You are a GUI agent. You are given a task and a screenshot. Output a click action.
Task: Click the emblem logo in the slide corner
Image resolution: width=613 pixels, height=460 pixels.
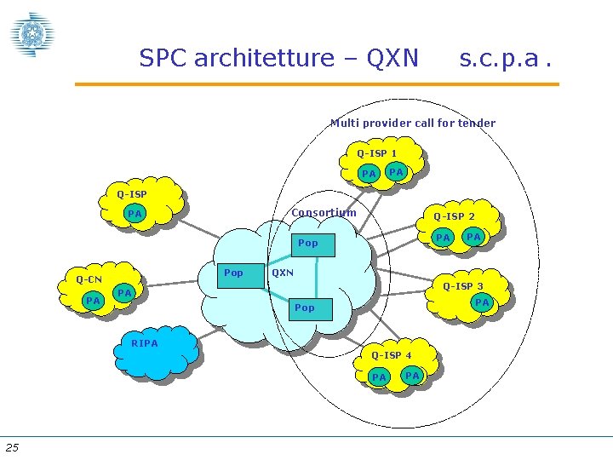click(x=32, y=35)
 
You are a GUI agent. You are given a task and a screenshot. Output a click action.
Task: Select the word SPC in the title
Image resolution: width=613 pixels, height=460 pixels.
click(x=163, y=58)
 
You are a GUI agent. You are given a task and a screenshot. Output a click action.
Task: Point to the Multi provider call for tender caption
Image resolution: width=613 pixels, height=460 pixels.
click(x=413, y=123)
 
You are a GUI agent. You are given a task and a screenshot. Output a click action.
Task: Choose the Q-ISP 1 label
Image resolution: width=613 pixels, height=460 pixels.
click(x=376, y=153)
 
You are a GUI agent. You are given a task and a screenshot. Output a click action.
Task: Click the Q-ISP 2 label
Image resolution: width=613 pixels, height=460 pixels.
click(x=454, y=216)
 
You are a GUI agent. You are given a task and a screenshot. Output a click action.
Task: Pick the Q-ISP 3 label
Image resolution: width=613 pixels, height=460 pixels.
click(x=462, y=286)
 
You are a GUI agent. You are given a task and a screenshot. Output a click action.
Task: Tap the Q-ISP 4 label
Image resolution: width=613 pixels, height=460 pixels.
click(x=391, y=355)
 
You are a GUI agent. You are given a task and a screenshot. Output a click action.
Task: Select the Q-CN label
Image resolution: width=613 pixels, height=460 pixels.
click(x=89, y=279)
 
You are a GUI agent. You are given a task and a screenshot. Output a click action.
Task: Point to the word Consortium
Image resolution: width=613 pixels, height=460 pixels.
click(x=324, y=212)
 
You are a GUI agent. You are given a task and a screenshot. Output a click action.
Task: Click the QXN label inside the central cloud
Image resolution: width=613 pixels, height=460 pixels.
click(x=282, y=273)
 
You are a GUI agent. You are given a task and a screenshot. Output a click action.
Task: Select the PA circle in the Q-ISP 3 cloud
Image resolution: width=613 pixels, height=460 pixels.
click(x=482, y=302)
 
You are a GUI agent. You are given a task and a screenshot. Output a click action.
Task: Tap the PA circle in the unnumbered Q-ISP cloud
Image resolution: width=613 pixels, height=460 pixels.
click(x=135, y=214)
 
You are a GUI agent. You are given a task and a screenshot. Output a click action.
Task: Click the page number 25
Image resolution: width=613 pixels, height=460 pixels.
click(x=12, y=447)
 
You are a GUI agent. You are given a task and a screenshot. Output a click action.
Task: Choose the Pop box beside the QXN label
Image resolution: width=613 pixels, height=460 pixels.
click(x=233, y=273)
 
